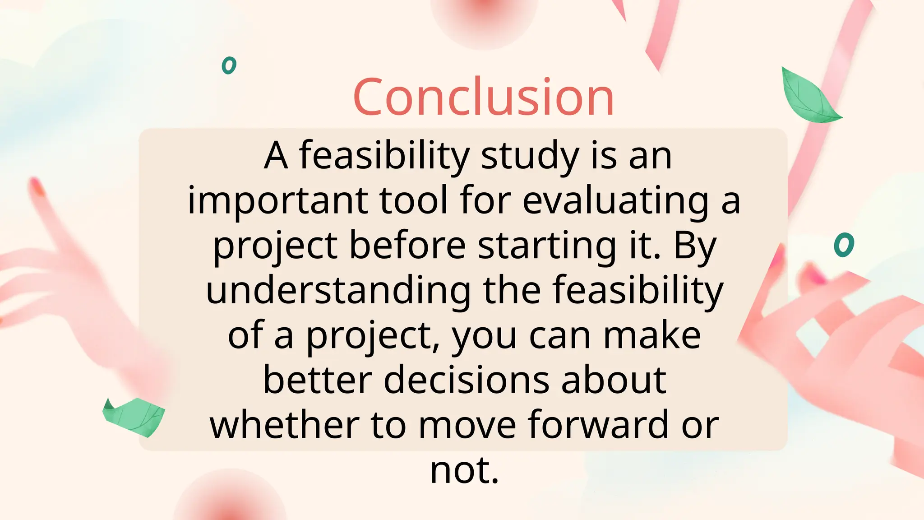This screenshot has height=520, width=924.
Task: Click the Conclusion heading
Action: click(x=483, y=97)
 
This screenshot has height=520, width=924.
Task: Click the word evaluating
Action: click(x=615, y=201)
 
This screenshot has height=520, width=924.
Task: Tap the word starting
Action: click(x=547, y=246)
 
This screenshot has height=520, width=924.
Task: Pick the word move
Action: click(x=467, y=425)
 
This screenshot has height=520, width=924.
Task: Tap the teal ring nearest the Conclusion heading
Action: click(x=229, y=65)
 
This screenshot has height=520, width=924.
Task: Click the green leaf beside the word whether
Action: click(x=134, y=416)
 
